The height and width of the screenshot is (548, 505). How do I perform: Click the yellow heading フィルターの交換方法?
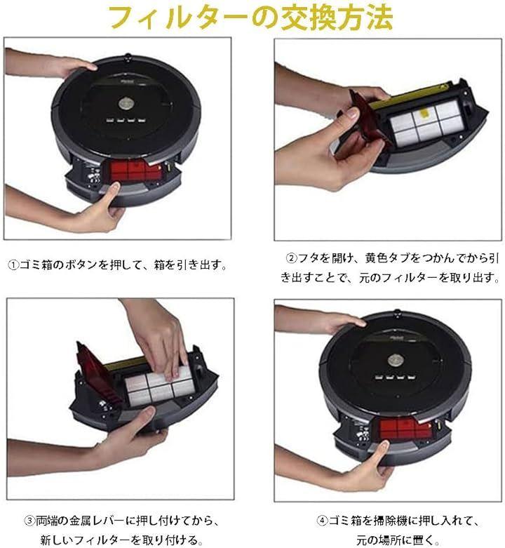click(251, 18)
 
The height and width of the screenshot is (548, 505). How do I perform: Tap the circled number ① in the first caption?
click(13, 265)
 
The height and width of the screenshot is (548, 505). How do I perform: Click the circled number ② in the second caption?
click(291, 259)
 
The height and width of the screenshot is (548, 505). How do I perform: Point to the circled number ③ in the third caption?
click(30, 521)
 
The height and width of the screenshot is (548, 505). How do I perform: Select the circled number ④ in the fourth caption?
click(322, 521)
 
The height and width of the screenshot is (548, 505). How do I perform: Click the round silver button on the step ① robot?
click(126, 103)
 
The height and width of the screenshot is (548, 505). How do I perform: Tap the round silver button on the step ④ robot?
click(395, 361)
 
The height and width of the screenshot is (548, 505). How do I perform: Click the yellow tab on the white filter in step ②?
click(424, 114)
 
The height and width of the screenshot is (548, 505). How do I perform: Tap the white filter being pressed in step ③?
click(159, 388)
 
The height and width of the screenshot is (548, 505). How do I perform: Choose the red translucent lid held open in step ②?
click(367, 122)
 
